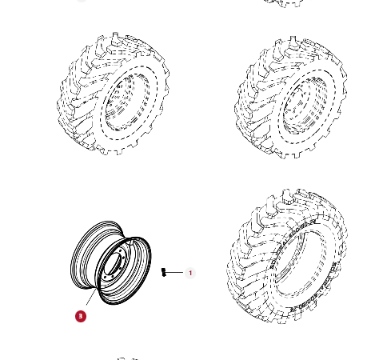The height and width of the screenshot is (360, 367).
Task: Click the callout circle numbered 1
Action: [x=190, y=273]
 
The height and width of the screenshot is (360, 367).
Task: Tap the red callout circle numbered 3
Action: [x=80, y=316]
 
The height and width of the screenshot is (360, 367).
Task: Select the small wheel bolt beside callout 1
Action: [x=164, y=272]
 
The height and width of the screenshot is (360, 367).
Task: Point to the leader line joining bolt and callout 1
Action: [x=176, y=273]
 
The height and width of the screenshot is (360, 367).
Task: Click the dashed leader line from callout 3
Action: [x=90, y=300]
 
